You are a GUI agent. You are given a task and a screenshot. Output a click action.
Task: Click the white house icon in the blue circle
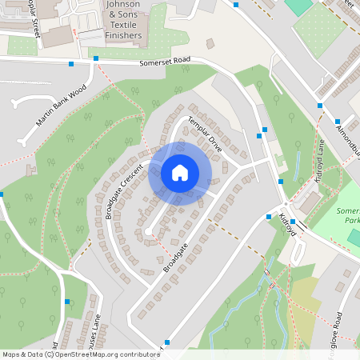[x=180, y=173]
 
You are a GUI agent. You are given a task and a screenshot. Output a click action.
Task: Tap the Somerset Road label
[x=166, y=62]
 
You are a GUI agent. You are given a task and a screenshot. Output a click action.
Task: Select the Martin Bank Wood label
[x=60, y=106]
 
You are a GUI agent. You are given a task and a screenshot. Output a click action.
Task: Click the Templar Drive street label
[x=203, y=134]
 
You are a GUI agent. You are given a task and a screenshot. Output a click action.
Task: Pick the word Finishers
[x=123, y=35]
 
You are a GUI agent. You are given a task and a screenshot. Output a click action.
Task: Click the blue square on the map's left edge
[x=2, y=194]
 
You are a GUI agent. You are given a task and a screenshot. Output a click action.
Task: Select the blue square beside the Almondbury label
[x=319, y=106]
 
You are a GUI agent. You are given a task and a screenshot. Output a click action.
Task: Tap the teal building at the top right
[x=299, y=6]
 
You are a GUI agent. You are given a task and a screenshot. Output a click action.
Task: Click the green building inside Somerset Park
[x=354, y=238]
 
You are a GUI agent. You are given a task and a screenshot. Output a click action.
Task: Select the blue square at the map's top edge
[x=237, y=3]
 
